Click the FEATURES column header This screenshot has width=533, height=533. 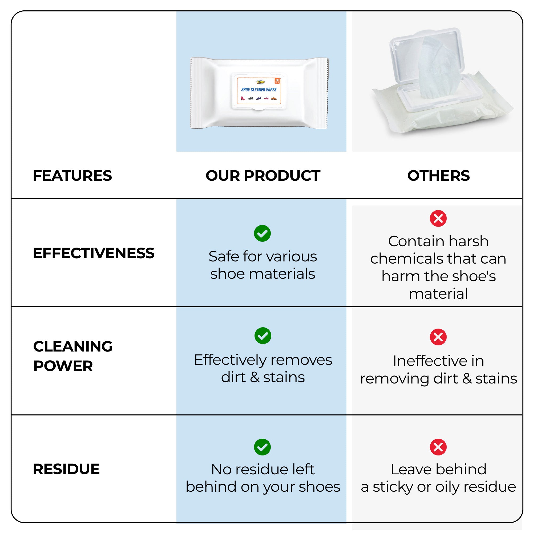72,176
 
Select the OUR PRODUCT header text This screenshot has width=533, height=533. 263,176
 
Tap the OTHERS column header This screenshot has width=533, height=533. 438,176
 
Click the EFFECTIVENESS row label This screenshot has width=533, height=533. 94,253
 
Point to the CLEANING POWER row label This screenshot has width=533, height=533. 73,356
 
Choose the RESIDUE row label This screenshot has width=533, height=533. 66,469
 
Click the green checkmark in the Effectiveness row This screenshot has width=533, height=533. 262,233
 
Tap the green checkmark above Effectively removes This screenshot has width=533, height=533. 263,336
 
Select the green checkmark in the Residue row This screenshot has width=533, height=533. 262,447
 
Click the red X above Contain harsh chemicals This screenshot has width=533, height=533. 438,219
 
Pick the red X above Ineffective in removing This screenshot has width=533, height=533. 438,337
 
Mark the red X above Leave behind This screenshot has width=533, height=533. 438,447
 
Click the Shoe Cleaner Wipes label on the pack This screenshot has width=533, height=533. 259,90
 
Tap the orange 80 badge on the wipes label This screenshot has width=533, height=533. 277,80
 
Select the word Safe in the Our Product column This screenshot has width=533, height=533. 224,257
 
